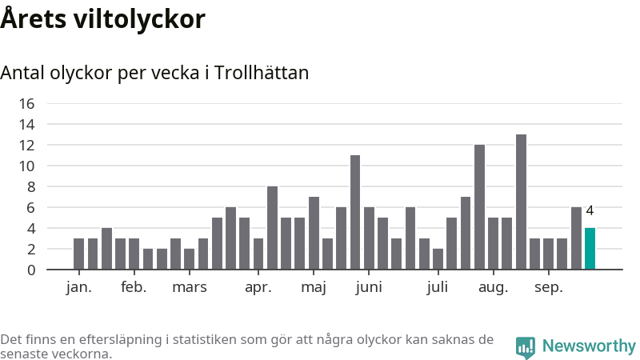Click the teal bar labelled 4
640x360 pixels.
tap(590, 249)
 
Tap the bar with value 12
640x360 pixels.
tap(479, 207)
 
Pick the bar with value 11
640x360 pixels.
tap(355, 212)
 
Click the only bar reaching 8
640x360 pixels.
tap(272, 228)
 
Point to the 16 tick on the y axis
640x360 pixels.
tap(26, 103)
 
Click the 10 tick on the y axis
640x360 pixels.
tap(26, 166)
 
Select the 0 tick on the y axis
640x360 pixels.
tap(30, 270)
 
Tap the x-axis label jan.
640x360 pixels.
tap(78, 287)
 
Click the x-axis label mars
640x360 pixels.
tap(190, 287)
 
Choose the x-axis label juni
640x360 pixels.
tap(369, 287)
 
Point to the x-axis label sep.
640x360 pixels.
tap(548, 287)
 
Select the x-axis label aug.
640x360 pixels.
tap(494, 287)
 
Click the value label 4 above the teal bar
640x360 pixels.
tap(590, 211)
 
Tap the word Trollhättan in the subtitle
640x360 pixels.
tap(262, 73)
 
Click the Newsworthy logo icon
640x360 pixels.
tap(526, 346)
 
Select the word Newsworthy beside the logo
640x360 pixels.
tap(589, 346)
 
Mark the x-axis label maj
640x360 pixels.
tap(314, 287)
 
